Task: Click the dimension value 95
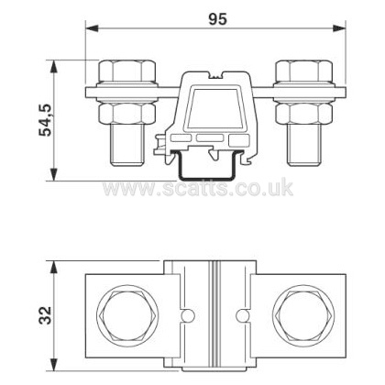click(218, 19)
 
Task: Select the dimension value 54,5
click(46, 120)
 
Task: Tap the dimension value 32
click(46, 315)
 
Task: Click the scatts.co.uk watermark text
click(198, 187)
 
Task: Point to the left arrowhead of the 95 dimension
click(93, 28)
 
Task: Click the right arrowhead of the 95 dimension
click(338, 28)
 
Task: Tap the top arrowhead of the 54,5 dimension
click(54, 67)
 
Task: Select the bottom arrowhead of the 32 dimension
click(54, 364)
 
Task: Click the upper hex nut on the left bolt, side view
click(127, 71)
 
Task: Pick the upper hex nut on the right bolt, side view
click(303, 71)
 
